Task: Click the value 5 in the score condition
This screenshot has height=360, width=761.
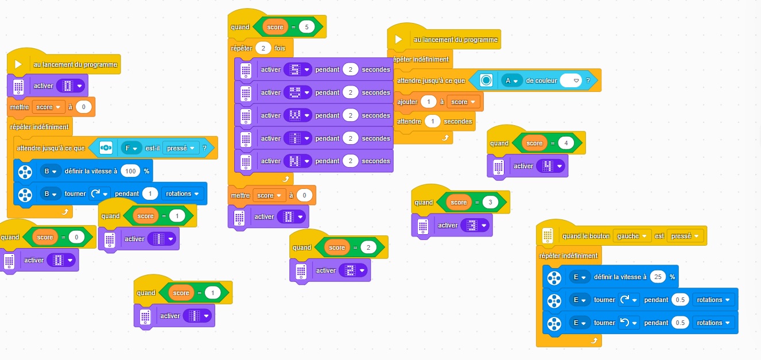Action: pos(306,26)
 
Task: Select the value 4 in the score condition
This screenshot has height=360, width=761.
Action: pos(566,143)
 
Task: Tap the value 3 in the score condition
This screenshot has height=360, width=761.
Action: pos(490,202)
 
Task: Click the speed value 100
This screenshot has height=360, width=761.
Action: pos(131,171)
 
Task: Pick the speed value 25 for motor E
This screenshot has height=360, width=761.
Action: pos(658,277)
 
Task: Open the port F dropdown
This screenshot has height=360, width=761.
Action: pos(131,148)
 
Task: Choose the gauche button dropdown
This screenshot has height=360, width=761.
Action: pos(632,236)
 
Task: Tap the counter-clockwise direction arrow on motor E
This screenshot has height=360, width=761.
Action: pos(628,323)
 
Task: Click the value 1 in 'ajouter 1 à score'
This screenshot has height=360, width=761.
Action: pos(428,102)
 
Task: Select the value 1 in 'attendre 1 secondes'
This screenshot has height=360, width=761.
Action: pos(433,121)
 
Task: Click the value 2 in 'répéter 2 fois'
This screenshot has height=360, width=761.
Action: pos(263,48)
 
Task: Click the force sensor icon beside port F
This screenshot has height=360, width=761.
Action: pos(106,148)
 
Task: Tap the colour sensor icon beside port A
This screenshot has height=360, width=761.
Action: pos(487,81)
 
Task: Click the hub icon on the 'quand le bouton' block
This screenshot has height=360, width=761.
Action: pos(548,235)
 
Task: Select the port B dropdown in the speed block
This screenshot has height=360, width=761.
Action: pos(51,171)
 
